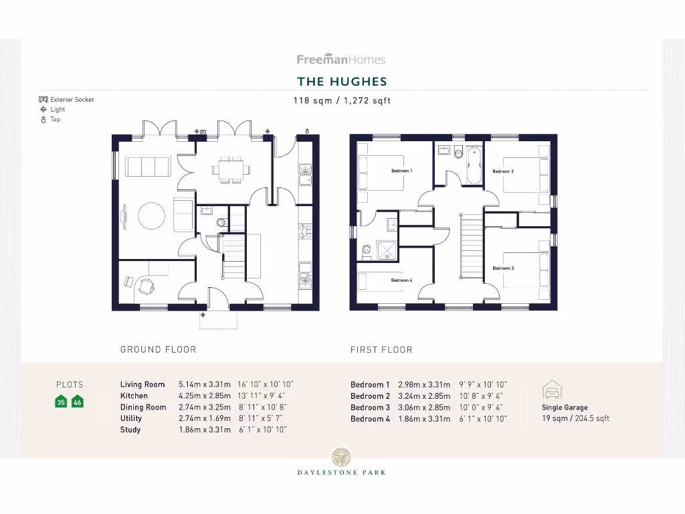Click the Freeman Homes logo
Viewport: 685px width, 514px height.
tap(341, 59)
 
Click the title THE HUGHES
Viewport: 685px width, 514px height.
tap(342, 82)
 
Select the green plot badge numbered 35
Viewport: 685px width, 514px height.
tap(61, 403)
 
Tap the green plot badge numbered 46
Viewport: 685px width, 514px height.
tap(78, 403)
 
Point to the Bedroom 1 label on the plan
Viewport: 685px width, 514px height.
tap(401, 171)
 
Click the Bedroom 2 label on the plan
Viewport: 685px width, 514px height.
tap(503, 171)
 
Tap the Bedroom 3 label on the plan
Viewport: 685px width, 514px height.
tap(503, 268)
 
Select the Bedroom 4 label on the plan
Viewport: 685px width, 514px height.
tap(401, 280)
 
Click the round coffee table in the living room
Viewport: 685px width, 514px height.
tap(151, 216)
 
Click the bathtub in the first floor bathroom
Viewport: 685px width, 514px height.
tap(474, 164)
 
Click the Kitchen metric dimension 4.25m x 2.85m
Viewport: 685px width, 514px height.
tap(204, 396)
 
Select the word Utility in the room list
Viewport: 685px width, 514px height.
tap(131, 418)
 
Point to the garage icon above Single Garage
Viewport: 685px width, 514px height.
tap(551, 390)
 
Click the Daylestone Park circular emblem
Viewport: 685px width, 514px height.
tap(342, 457)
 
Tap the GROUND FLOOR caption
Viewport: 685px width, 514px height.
tap(158, 349)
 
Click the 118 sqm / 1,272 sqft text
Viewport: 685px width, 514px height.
tap(342, 101)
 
